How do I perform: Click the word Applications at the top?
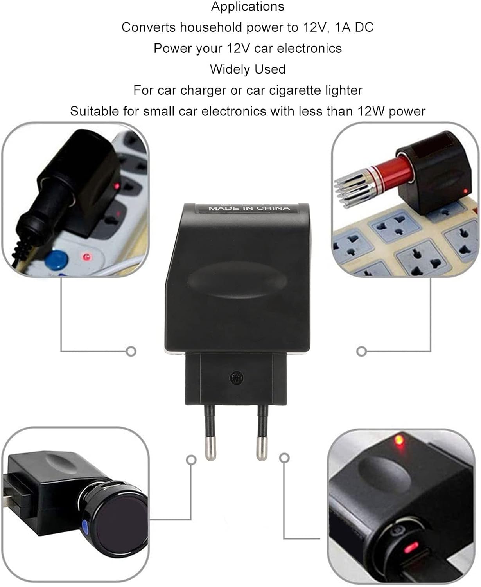pyautogui.click(x=248, y=7)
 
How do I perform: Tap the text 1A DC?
pyautogui.click(x=354, y=27)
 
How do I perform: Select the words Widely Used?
pyautogui.click(x=248, y=69)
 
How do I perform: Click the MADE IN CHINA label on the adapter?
pyautogui.click(x=249, y=208)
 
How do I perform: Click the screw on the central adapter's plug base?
pyautogui.click(x=237, y=378)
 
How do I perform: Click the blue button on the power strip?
pyautogui.click(x=56, y=260)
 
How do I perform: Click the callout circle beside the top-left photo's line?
pyautogui.click(x=131, y=351)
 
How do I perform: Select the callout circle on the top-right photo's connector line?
pyautogui.click(x=361, y=351)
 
